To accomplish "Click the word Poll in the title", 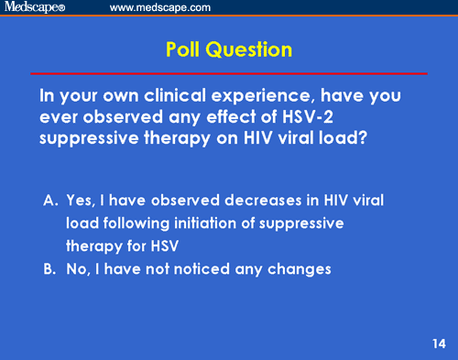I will click(x=191, y=49).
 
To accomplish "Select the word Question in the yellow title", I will click(x=253, y=49).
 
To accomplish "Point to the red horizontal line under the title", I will click(x=229, y=72).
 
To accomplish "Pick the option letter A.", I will click(x=49, y=201).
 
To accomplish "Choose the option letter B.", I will click(x=49, y=269).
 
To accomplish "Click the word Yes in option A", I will click(x=79, y=201).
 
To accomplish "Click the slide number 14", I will click(x=438, y=344).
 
